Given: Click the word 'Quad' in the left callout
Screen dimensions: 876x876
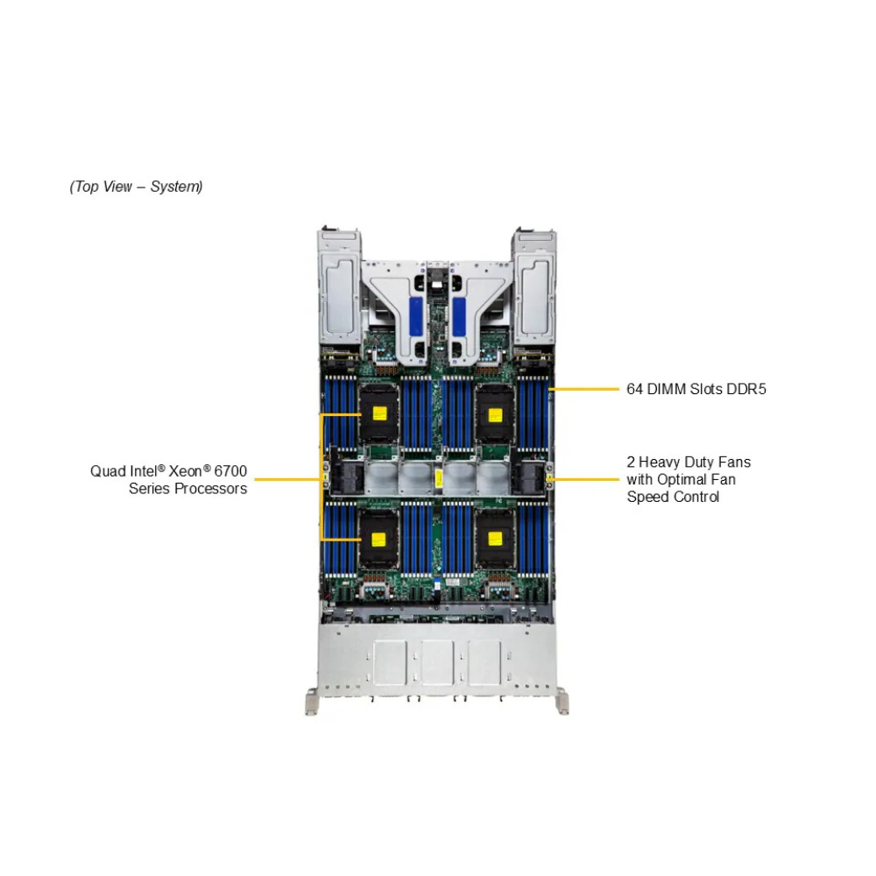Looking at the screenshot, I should pos(106,471).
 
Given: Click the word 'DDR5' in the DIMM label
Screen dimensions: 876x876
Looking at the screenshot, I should pos(746,389).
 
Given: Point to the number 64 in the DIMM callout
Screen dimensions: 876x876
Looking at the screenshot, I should pos(635,389).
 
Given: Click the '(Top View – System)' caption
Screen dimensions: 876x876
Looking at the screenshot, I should pos(136,187).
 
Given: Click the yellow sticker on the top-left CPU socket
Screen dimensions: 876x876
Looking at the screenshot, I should pos(379,413).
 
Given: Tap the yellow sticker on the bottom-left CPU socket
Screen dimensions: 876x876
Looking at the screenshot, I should pos(379,536).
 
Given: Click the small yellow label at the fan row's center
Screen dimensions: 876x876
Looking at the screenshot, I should pos(437,478).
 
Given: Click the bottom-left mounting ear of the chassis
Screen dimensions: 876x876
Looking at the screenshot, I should pos(312,702).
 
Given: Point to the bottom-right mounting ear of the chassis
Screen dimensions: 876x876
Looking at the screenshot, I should pos(562,702).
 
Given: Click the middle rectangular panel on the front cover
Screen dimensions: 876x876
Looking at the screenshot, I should pos(437,662).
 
